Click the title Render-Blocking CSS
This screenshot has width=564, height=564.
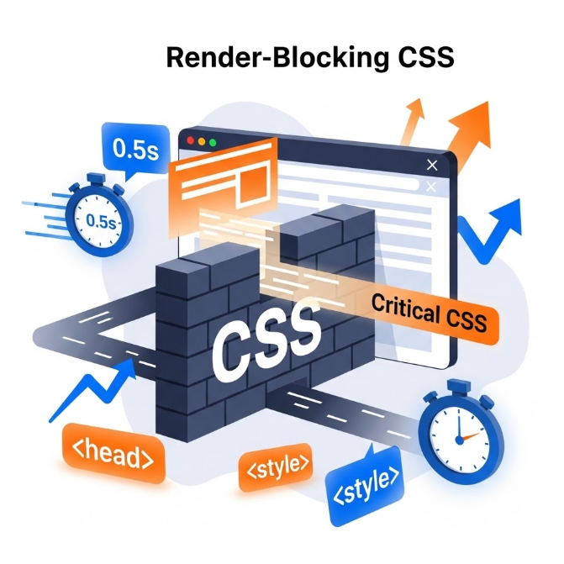309,58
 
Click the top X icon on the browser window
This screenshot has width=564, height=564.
433,165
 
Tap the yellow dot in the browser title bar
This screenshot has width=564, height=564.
201,142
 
